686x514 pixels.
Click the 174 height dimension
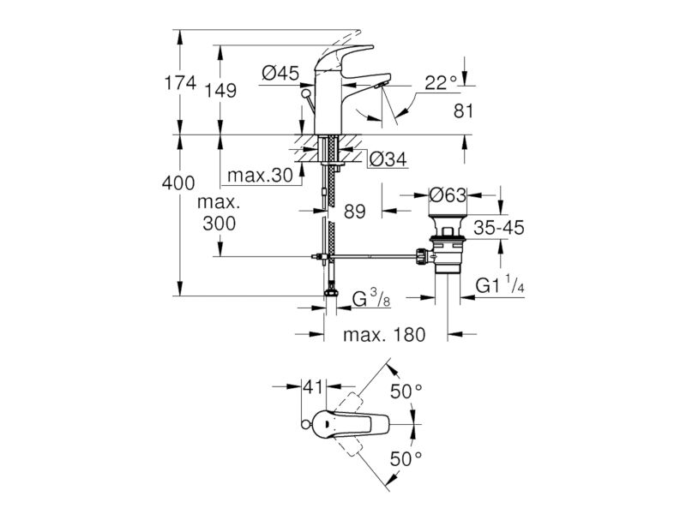coord(180,82)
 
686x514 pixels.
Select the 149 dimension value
coord(221,91)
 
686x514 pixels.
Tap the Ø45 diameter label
coord(280,73)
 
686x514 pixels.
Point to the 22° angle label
coord(441,82)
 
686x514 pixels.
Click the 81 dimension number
coord(463,111)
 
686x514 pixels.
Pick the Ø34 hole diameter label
coord(388,159)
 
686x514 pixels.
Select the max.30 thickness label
coord(260,176)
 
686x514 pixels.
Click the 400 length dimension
coord(178,182)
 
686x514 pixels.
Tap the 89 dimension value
coord(354,212)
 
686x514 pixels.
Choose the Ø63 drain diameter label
coord(448,195)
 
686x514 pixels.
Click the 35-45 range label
coord(499,228)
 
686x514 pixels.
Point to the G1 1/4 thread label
coord(500,284)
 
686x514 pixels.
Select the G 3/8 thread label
coord(371,298)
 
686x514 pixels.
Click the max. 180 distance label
coord(384,335)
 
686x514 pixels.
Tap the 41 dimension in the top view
coord(313,387)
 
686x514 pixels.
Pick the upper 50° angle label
coord(406,391)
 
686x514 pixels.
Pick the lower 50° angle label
coord(406,459)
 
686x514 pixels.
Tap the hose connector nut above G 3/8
coord(330,291)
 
